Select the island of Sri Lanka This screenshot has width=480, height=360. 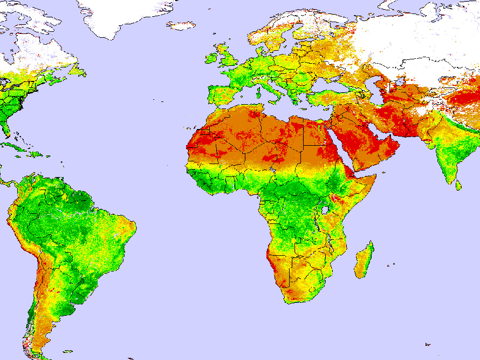pyautogui.click(x=458, y=185)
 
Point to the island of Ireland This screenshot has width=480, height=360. pyautogui.click(x=211, y=58)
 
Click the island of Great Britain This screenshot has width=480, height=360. pyautogui.click(x=227, y=56)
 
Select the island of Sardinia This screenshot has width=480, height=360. pyautogui.click(x=259, y=89)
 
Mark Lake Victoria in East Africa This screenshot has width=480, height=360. pyautogui.click(x=324, y=209)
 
